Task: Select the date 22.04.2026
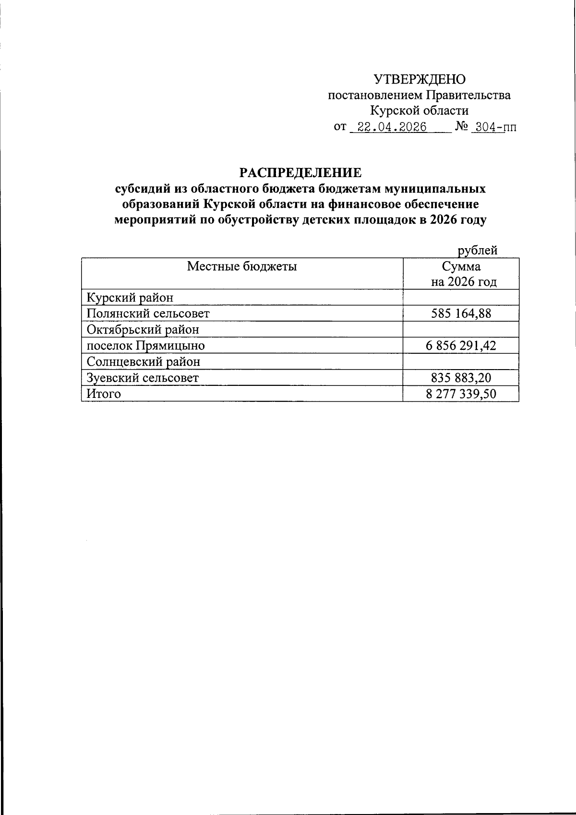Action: click(389, 127)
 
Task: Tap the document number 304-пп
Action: click(495, 127)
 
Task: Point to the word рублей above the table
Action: click(477, 250)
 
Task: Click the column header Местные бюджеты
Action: click(241, 266)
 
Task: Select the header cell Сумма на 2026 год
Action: click(461, 274)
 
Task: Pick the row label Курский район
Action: click(130, 298)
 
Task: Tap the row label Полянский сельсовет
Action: click(148, 313)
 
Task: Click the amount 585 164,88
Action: click(461, 313)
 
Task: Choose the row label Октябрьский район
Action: click(143, 330)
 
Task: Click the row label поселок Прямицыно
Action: click(145, 346)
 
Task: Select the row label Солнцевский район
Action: click(143, 361)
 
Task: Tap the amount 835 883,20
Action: click(461, 378)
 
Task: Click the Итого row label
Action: click(104, 394)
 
